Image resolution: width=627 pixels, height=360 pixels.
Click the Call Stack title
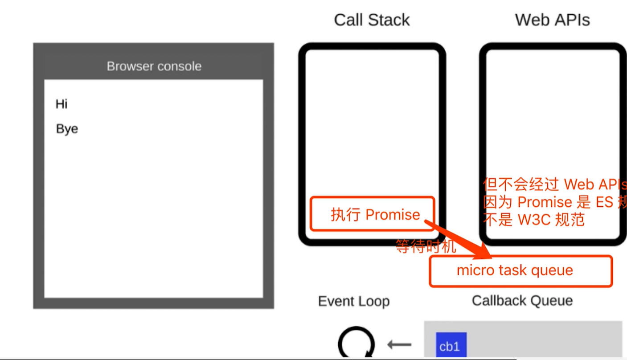[372, 20]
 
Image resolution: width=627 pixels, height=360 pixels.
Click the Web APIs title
[552, 20]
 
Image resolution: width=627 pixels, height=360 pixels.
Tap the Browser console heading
[154, 66]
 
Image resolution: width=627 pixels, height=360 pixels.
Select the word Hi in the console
[61, 104]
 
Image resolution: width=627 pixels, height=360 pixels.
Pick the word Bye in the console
[67, 129]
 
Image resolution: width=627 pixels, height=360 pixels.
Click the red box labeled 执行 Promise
[372, 214]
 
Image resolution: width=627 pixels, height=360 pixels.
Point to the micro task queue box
[520, 271]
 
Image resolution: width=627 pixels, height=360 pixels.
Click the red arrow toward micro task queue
[459, 238]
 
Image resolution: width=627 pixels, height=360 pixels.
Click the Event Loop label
[353, 301]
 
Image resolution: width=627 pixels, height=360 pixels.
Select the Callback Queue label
[522, 301]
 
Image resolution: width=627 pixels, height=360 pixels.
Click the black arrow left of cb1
[399, 344]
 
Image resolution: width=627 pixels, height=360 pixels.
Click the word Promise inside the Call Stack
[393, 215]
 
